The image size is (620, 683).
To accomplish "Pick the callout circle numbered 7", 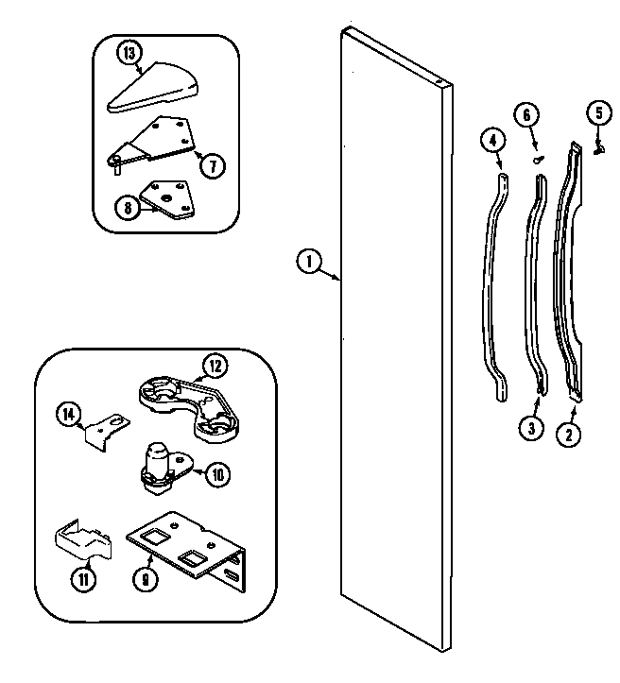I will [214, 165].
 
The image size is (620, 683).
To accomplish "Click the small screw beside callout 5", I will [597, 145].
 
